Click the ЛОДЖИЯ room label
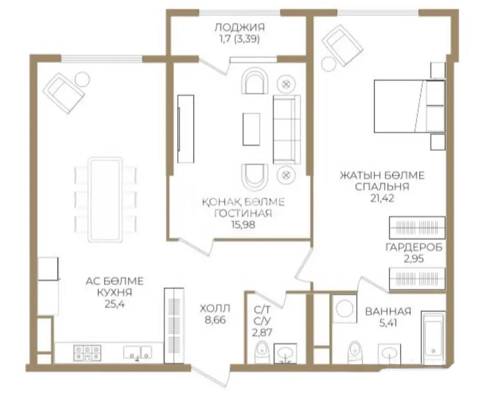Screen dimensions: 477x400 point(240,27)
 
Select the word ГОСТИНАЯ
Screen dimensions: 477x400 point(243,213)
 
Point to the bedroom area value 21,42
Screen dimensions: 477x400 point(382,198)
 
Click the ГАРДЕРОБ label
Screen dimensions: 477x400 point(414,248)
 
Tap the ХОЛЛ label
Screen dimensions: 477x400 point(215,308)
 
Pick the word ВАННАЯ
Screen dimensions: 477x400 point(388,312)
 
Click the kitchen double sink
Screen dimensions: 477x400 point(138,352)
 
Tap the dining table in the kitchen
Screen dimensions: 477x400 point(105,200)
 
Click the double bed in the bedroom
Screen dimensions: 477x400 point(409,106)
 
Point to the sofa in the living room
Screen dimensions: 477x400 point(286,130)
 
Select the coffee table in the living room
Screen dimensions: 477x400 point(251,129)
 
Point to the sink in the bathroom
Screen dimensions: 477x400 point(389,353)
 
